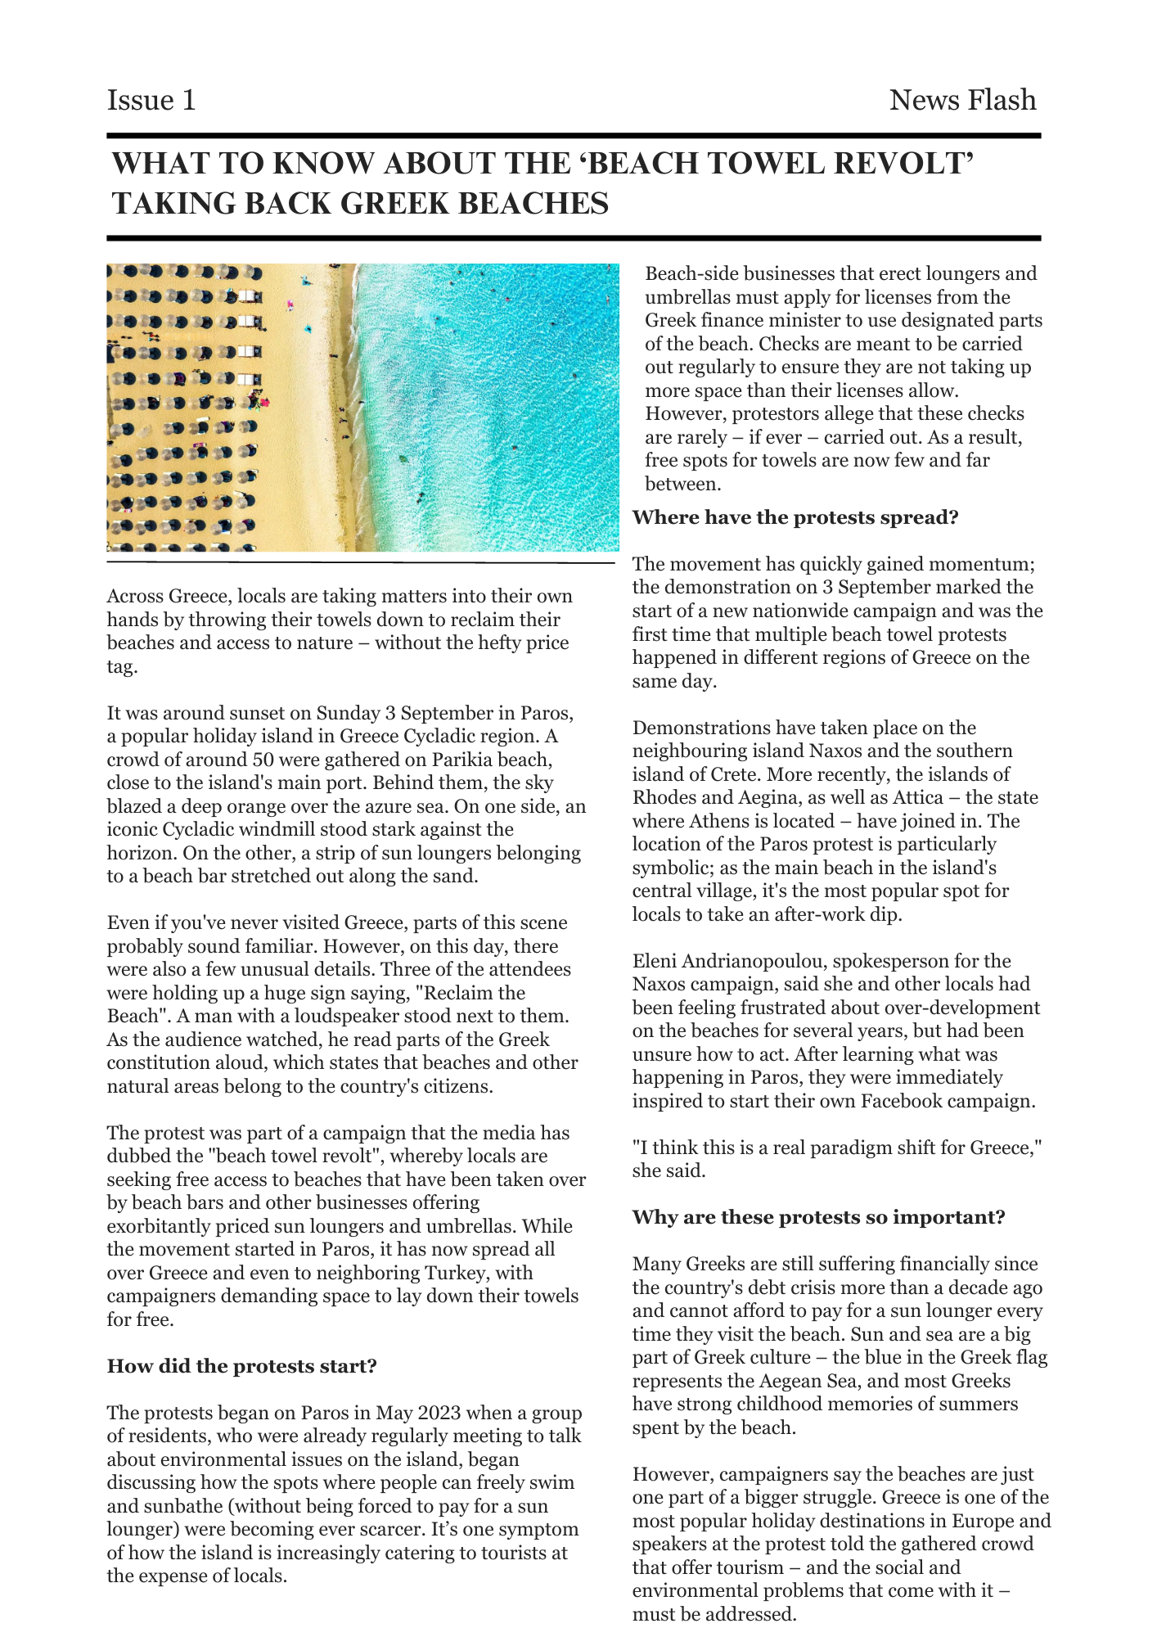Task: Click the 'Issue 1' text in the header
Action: tap(151, 101)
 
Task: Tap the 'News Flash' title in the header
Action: tap(962, 101)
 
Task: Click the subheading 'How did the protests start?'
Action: tap(241, 1366)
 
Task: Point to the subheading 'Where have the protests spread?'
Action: tap(795, 517)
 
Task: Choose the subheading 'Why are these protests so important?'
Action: tap(818, 1217)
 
